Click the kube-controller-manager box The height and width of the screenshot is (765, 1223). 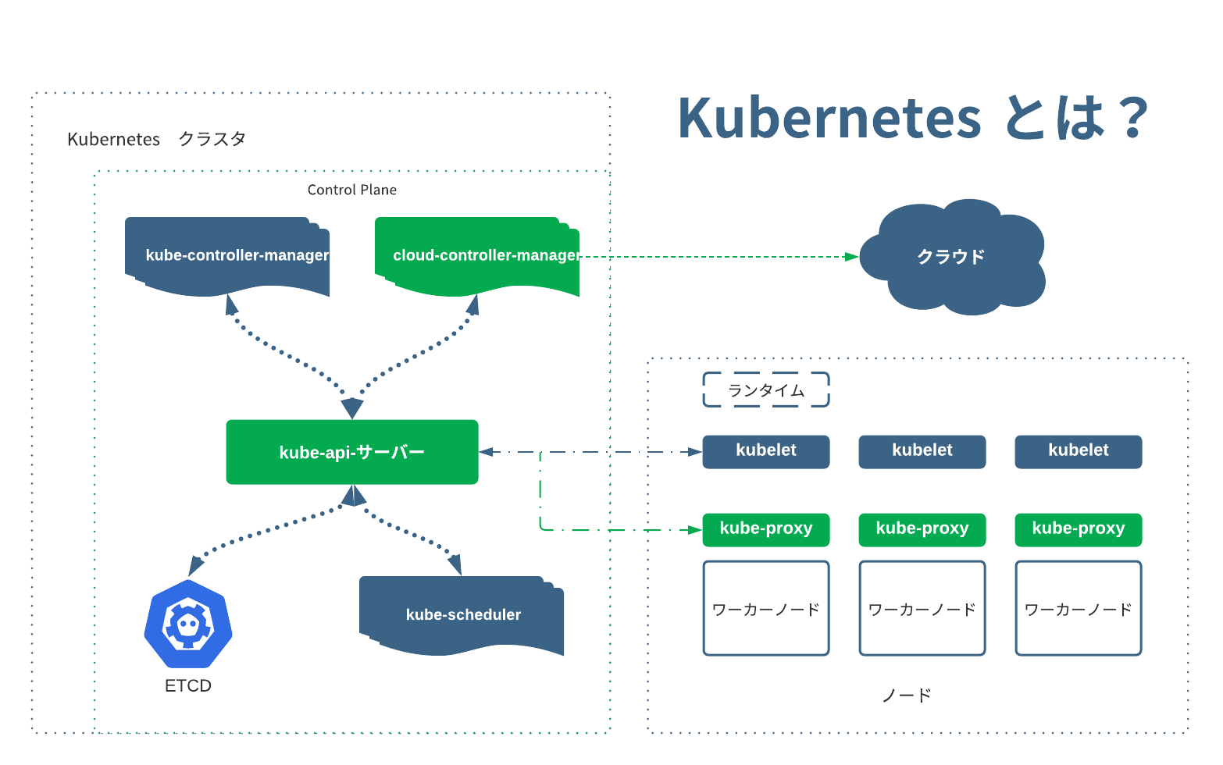tap(226, 255)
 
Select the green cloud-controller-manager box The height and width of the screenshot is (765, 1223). tap(476, 255)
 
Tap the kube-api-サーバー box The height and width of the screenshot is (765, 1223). tap(352, 452)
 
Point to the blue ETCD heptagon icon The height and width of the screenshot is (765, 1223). tap(188, 624)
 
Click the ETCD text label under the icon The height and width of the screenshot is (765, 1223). tap(188, 685)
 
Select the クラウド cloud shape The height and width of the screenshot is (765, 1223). tap(951, 257)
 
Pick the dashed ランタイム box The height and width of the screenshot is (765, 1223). tap(766, 390)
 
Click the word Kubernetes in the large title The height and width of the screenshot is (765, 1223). tap(829, 119)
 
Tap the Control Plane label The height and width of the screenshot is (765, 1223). tap(352, 190)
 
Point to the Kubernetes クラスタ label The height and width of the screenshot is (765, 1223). tap(156, 139)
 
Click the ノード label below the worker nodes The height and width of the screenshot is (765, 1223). tap(907, 695)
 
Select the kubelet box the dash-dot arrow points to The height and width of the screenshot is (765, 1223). tap(766, 451)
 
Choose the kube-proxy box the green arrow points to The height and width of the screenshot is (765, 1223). tap(766, 529)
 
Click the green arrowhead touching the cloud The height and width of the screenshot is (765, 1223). tap(852, 256)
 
